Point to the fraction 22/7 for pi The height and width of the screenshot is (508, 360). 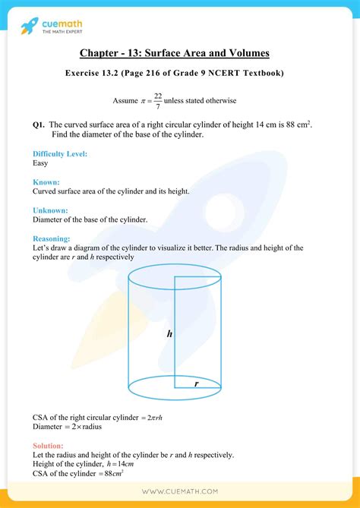[157, 100]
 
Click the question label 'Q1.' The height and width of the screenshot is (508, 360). [40, 124]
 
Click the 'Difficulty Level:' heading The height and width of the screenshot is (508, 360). [60, 153]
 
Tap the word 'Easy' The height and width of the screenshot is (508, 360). [42, 162]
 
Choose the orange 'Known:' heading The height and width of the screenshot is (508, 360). [46, 182]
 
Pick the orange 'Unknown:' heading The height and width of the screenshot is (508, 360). [51, 210]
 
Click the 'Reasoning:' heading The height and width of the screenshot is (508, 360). [52, 238]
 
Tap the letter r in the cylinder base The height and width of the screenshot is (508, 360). [196, 384]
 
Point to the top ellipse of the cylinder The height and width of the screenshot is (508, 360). [175, 275]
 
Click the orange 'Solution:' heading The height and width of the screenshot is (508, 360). [49, 446]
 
